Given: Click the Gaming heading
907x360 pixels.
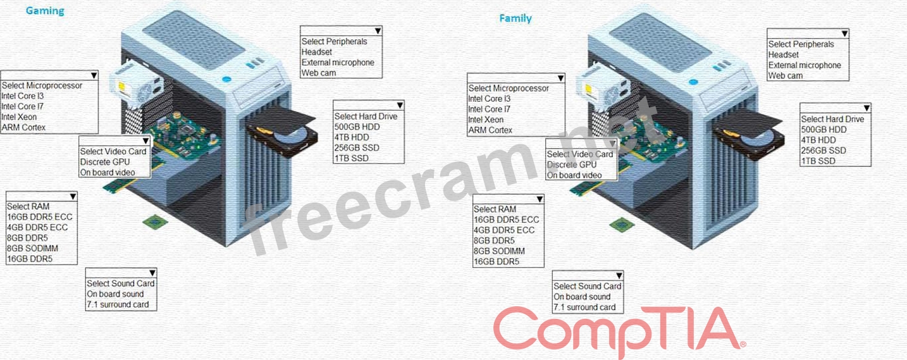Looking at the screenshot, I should coord(45,11).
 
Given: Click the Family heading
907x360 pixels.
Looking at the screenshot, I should coord(515,18).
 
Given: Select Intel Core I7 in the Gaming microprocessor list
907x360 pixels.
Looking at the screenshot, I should coord(23,106).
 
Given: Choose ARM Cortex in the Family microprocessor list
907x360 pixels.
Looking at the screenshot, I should coord(490,130).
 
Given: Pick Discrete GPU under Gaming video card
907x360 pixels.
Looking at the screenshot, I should coord(105,162).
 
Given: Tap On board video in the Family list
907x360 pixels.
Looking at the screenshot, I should coord(574,175).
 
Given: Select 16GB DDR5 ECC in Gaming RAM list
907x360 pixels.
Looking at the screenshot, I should coord(39,217).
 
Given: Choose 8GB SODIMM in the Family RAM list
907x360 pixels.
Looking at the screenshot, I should coord(500,251).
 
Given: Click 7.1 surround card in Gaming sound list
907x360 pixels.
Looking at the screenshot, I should coord(118,304).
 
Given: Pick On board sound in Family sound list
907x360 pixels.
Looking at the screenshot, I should coord(582,297).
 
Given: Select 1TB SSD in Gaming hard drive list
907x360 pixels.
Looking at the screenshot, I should coord(351,158).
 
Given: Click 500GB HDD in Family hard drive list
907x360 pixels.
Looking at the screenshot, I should coord(824,130).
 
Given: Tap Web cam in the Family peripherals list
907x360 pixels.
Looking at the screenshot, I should coord(786,76).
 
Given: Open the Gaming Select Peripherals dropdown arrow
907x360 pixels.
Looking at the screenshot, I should coord(377,30).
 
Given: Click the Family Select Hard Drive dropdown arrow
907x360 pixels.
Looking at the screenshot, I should coord(867,108).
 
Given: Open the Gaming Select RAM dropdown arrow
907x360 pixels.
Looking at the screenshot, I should coord(73,196).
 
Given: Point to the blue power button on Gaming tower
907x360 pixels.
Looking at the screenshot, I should coord(226,80).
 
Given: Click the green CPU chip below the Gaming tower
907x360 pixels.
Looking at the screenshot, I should coord(152,221).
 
